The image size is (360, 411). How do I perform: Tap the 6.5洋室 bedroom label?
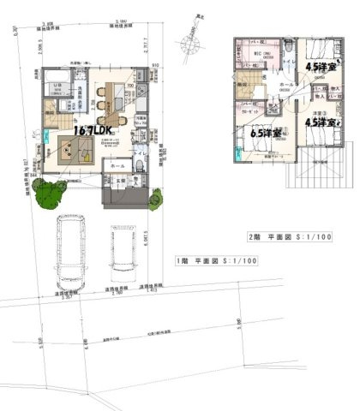267,134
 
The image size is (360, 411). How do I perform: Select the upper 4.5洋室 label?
321,65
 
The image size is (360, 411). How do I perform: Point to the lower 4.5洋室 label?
321,122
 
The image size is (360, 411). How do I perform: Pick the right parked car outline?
123,252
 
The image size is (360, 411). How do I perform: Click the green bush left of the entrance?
51,196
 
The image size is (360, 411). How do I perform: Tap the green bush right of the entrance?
155,200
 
